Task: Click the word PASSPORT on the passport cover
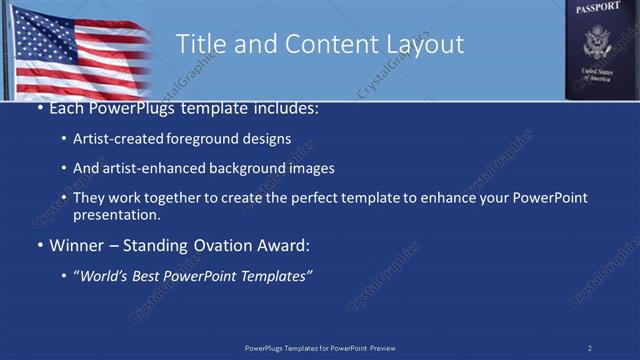click(598, 8)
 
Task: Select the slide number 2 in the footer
click(589, 347)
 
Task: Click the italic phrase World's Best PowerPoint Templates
click(193, 274)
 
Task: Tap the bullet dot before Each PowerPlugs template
click(39, 107)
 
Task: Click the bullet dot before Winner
click(39, 245)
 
